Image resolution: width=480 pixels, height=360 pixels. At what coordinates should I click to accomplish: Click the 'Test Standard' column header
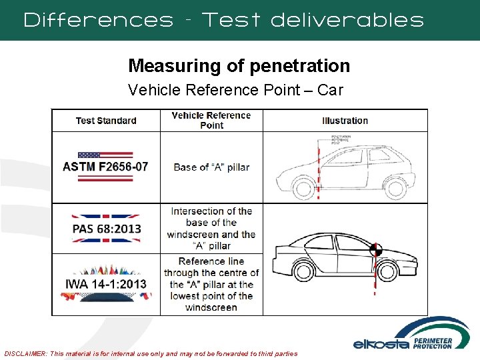point(106,121)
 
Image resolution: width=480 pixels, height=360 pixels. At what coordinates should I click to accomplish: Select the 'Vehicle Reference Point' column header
point(211,120)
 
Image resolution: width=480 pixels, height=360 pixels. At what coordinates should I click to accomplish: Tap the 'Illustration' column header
point(345,121)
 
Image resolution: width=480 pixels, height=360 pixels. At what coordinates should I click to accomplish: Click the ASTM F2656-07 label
point(105,167)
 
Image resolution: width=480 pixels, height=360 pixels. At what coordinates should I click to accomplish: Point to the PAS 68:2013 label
point(107,229)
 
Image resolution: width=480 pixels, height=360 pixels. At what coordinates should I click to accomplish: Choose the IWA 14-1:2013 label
point(106,284)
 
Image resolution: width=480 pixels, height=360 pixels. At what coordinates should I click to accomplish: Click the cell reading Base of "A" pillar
point(211,167)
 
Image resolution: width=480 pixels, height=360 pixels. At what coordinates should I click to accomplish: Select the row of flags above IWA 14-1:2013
point(106,271)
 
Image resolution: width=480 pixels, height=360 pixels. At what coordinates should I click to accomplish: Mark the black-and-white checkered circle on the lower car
point(375,250)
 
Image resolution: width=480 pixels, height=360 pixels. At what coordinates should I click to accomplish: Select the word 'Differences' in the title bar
point(99,20)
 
